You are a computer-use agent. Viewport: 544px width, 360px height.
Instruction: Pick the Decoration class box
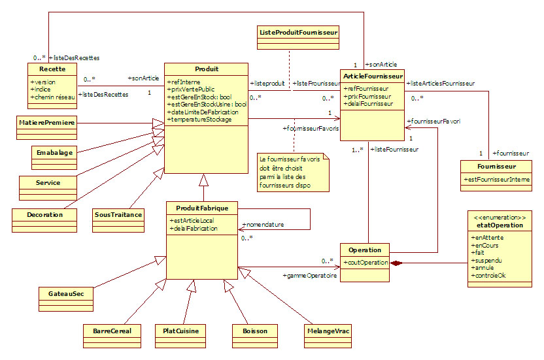(x=44, y=214)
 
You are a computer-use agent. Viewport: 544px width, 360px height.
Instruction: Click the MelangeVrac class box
(x=328, y=331)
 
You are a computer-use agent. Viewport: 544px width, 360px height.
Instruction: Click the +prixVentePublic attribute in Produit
(x=191, y=89)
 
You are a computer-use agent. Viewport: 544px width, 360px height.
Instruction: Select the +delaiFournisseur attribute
(x=368, y=103)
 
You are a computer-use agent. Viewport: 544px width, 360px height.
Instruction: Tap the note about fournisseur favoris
(x=293, y=172)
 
